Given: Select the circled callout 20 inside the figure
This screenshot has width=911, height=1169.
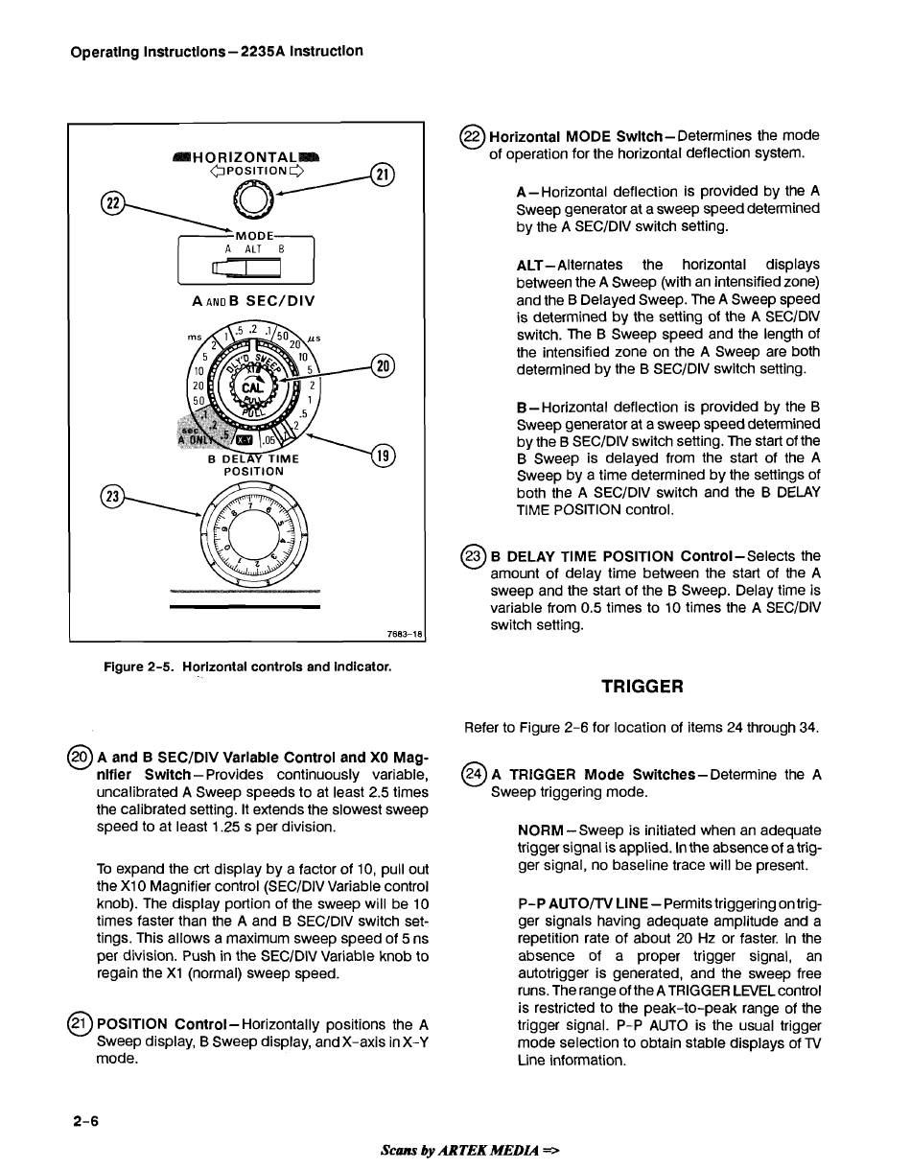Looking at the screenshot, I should (x=383, y=366).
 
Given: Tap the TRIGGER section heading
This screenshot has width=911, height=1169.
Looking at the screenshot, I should (x=642, y=687).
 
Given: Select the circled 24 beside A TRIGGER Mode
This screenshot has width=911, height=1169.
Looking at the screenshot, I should (x=474, y=774).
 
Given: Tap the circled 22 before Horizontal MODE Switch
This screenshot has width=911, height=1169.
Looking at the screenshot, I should (x=472, y=136).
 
